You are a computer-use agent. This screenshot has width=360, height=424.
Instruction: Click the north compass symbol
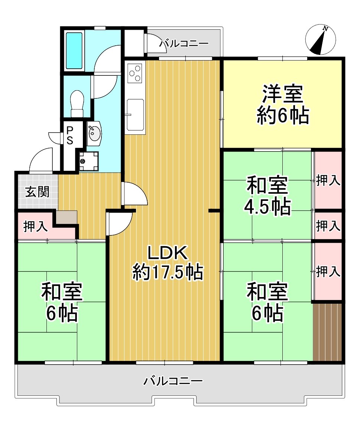321,39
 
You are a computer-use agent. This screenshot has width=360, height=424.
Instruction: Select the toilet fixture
77,104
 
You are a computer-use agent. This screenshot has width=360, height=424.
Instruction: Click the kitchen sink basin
135,115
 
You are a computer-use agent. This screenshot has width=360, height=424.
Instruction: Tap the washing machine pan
89,162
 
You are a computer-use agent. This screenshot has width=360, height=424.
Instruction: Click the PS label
70,135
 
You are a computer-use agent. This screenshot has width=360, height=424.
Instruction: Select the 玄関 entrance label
38,192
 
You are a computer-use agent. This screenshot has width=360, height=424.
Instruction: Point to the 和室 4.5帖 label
267,196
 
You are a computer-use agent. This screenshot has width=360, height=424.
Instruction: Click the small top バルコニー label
184,43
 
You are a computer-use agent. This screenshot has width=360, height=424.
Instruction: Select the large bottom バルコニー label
173,381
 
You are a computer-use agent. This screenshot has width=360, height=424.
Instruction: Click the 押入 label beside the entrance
35,226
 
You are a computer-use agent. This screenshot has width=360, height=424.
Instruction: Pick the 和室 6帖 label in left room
62,302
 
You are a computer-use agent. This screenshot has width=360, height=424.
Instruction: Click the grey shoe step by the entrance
67,217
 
